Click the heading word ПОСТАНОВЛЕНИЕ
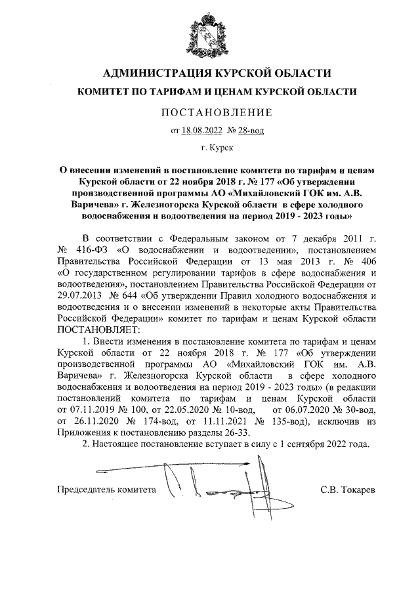(x=217, y=112)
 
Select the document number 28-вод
(x=251, y=131)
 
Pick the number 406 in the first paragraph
(x=366, y=261)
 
